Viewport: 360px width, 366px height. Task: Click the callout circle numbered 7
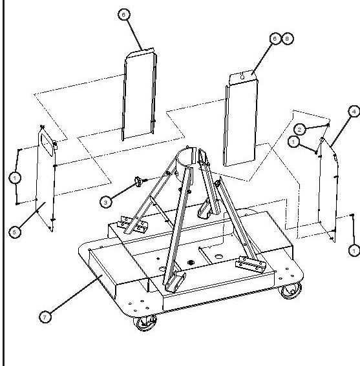point(45,317)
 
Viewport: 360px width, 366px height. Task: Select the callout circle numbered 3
point(105,202)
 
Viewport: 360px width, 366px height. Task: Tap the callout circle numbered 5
point(15,232)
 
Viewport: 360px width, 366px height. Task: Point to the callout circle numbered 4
point(354,112)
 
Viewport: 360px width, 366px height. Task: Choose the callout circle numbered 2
point(300,129)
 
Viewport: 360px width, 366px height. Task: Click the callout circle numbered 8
point(288,39)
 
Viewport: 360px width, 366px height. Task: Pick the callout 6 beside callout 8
point(275,39)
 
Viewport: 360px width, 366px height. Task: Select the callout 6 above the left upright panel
point(124,14)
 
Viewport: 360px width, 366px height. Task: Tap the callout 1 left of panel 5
point(15,178)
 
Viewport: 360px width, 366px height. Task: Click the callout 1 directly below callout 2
point(293,141)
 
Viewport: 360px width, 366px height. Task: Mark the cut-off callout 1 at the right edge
point(354,250)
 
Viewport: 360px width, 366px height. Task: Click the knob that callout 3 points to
point(138,181)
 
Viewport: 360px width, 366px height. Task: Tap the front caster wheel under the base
point(145,323)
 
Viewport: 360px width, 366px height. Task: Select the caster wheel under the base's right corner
point(290,290)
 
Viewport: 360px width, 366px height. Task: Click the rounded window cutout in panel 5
point(47,144)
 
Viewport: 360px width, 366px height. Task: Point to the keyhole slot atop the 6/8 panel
point(242,76)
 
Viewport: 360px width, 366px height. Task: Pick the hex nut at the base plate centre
point(191,262)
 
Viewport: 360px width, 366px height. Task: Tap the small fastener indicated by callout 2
point(328,125)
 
